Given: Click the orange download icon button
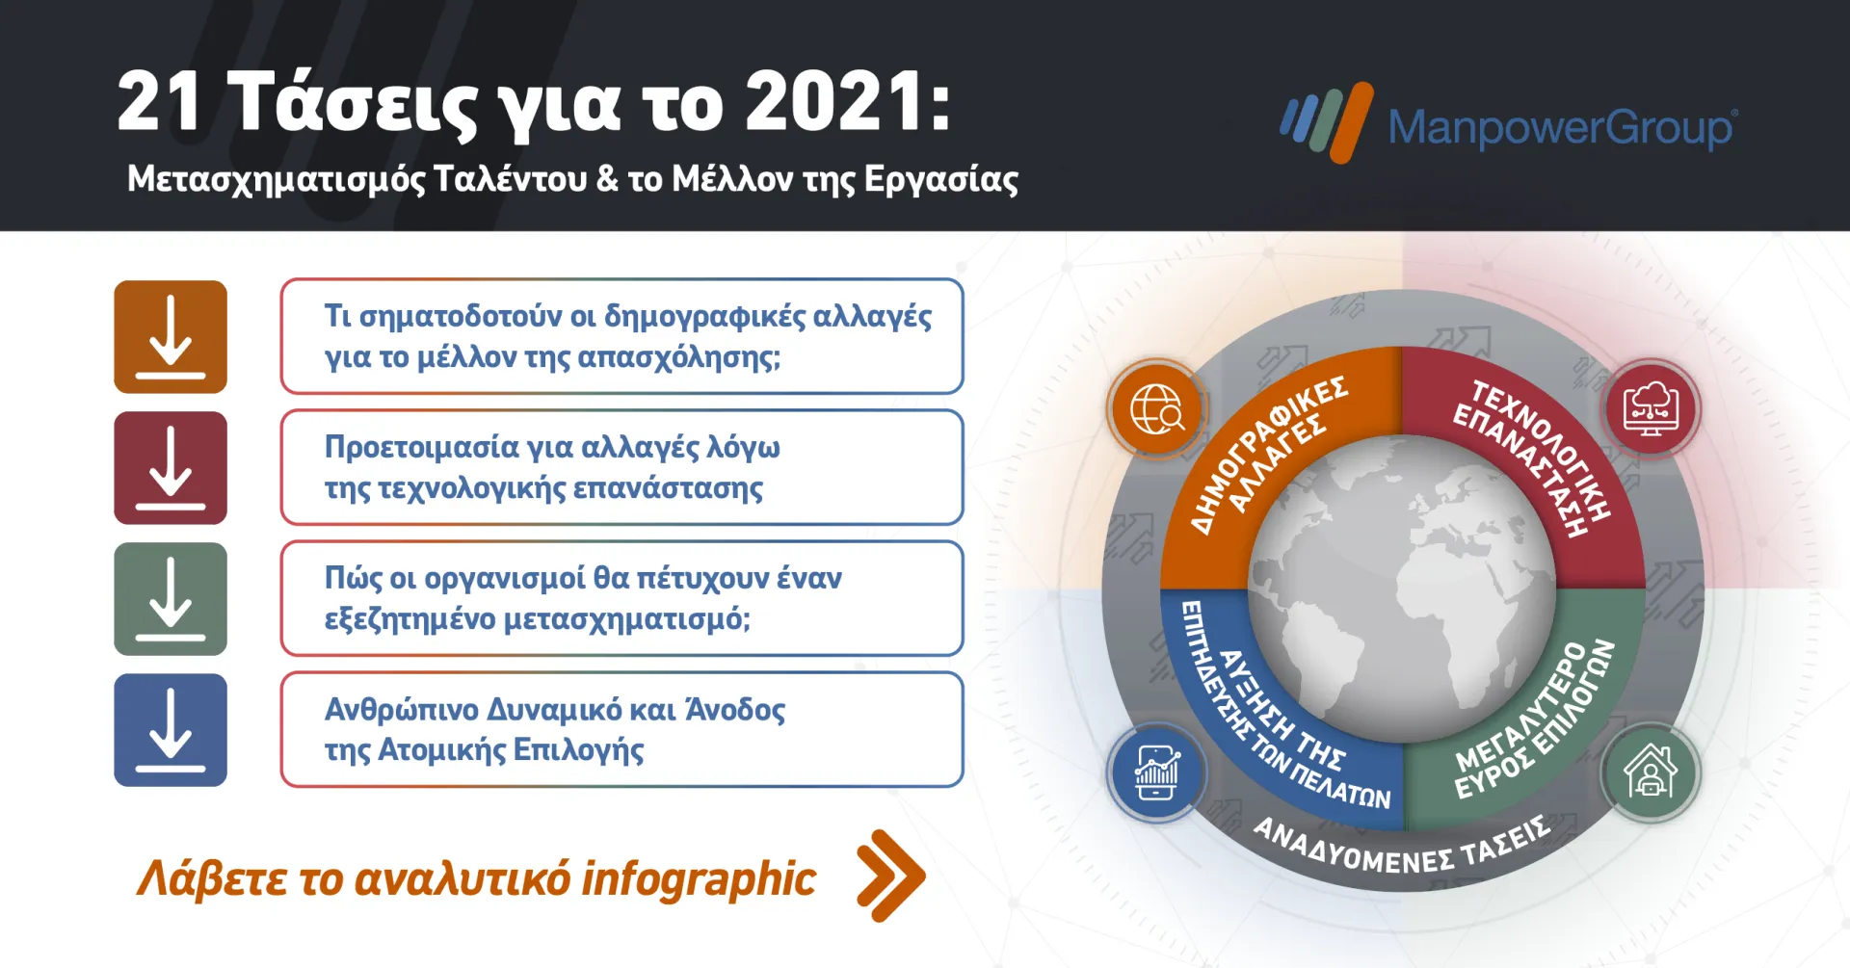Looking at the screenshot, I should tap(171, 337).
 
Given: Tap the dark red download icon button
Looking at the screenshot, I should tap(171, 468).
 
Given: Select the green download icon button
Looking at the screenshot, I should tap(171, 599).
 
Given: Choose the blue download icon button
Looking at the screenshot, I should tap(171, 730).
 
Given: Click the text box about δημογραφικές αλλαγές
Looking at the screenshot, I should tap(621, 336).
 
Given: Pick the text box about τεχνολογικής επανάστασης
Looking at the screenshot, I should tap(621, 467).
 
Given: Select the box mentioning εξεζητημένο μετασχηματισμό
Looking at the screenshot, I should tap(621, 598).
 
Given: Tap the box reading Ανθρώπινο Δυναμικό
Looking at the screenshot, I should tap(621, 729).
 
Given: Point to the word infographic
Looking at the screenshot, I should tap(699, 878).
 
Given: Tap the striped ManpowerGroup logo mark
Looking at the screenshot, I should tap(1327, 122).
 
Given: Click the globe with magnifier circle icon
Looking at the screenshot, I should tap(1156, 409).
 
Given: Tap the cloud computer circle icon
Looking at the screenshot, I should tap(1651, 409).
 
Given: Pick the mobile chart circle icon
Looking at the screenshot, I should tap(1156, 772).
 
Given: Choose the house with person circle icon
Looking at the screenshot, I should tap(1651, 772).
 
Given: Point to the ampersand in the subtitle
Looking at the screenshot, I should tap(607, 179).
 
